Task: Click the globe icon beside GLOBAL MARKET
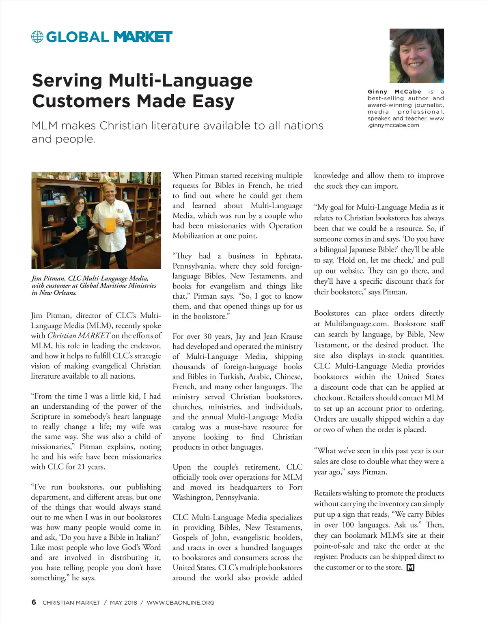(x=37, y=37)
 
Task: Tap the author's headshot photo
(x=416, y=56)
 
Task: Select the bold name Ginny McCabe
(x=394, y=92)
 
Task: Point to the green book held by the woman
(x=81, y=222)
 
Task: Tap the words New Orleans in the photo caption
(x=57, y=293)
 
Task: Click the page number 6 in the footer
(x=34, y=602)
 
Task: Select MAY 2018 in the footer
(x=123, y=603)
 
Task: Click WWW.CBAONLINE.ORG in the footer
(x=180, y=603)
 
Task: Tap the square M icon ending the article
(x=410, y=567)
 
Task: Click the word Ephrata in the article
(x=289, y=256)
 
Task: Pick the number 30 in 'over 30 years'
(x=207, y=336)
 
